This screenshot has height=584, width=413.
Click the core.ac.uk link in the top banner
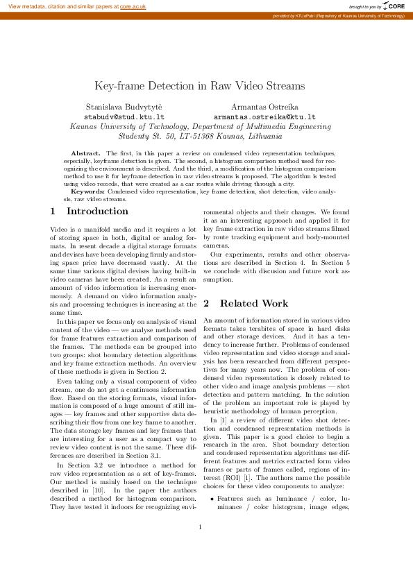click(x=133, y=6)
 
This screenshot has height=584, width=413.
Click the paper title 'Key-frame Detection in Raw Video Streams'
click(x=199, y=86)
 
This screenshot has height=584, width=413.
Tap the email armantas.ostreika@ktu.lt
click(x=264, y=117)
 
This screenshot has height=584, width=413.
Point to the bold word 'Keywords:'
click(x=87, y=191)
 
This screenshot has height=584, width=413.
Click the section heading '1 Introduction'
click(x=90, y=211)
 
